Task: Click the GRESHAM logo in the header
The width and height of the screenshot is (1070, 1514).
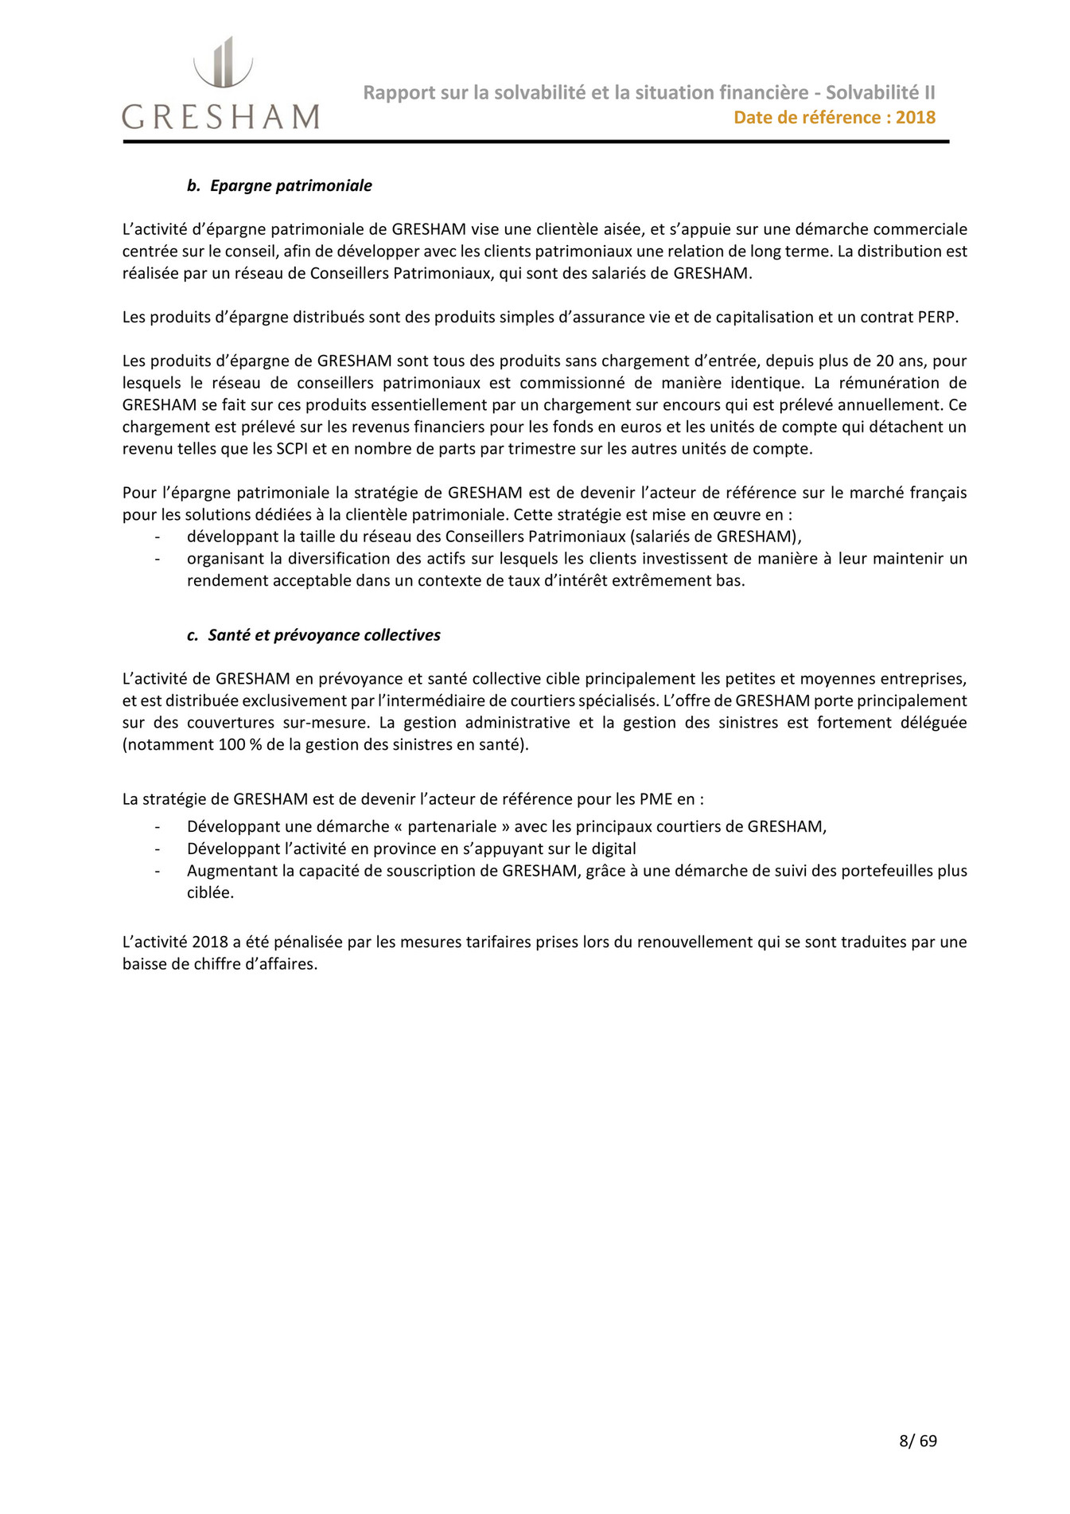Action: (x=220, y=84)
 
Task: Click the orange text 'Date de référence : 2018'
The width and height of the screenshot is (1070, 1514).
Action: (x=834, y=118)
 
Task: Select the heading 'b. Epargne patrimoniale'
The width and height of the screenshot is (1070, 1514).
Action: (x=279, y=185)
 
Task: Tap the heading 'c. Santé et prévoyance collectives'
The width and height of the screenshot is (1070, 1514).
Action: (x=313, y=635)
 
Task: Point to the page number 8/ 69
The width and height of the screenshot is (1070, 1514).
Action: (x=917, y=1440)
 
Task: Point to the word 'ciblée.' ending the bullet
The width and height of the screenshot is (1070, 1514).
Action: (x=210, y=892)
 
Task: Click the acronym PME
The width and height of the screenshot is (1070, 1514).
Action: (x=655, y=798)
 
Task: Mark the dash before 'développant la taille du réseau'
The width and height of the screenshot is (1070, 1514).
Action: (x=157, y=537)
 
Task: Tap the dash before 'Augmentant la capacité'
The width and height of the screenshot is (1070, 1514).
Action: (x=157, y=871)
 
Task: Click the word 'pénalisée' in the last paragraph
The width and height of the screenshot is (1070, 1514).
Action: (x=309, y=942)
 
